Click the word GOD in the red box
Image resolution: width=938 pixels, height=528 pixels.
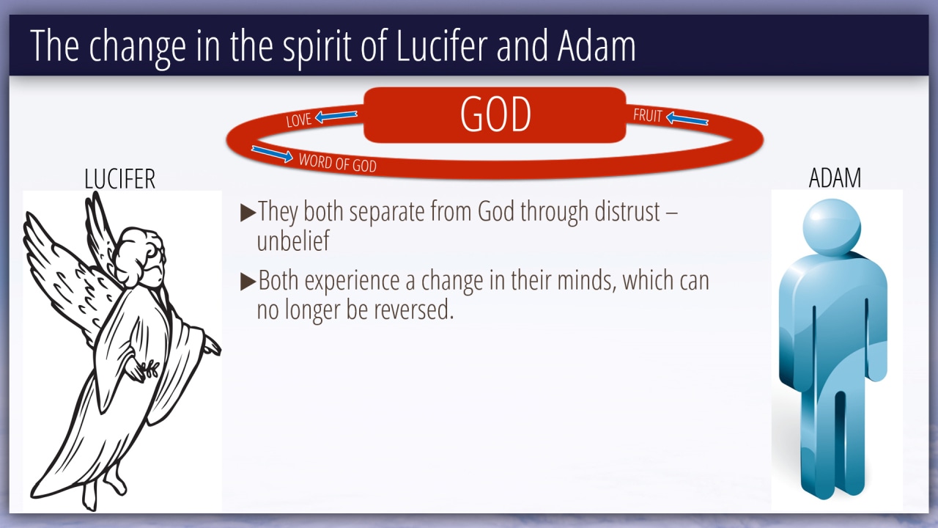tap(495, 114)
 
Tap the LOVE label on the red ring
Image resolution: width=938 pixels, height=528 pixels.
tap(299, 120)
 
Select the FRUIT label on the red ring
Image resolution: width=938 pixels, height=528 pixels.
tap(647, 116)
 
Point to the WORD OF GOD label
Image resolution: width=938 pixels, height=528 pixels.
tap(338, 163)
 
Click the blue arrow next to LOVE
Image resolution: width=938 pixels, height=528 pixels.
tap(336, 117)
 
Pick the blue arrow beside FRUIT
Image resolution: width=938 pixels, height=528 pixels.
tap(687, 119)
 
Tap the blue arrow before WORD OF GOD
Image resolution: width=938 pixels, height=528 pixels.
tap(272, 154)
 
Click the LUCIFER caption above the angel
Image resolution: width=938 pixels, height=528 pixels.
tap(119, 179)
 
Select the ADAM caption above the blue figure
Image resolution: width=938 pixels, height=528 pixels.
tap(835, 178)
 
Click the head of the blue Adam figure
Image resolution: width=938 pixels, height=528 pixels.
tap(832, 227)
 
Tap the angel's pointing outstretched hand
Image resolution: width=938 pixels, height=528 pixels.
tap(212, 346)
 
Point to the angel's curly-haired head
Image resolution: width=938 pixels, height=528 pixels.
tap(139, 256)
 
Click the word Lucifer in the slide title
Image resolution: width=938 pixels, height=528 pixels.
tap(442, 45)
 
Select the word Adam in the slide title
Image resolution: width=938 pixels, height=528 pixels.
tap(597, 45)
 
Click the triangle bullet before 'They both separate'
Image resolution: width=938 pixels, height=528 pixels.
tap(248, 213)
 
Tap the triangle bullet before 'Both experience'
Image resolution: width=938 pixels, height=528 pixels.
tap(248, 282)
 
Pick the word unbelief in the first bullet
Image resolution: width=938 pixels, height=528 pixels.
tap(293, 241)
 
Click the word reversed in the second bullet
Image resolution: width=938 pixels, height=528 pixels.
tap(414, 309)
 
